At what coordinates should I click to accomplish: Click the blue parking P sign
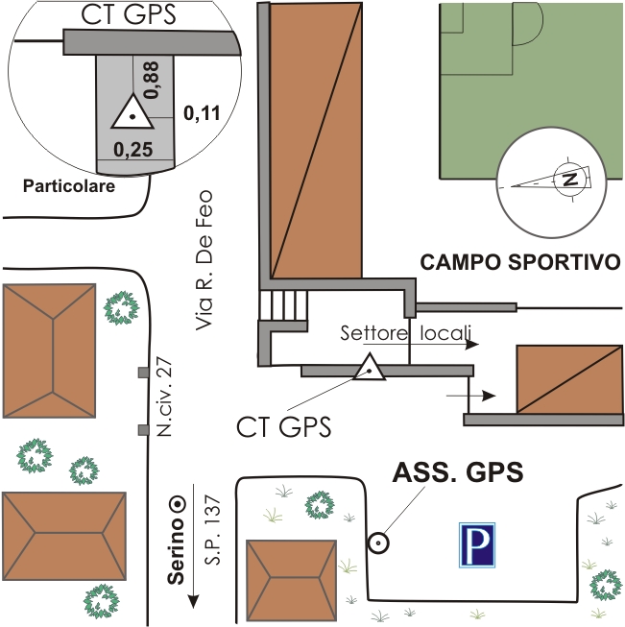point(477,546)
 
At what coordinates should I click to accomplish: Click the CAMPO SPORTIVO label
point(522,262)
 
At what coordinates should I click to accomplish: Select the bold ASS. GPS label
point(458,472)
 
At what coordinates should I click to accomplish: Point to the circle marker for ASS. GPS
point(379,543)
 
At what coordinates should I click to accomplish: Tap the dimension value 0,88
point(151,79)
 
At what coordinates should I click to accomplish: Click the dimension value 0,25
point(133,149)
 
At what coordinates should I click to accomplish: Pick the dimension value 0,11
point(202,113)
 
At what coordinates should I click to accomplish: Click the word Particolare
point(69,185)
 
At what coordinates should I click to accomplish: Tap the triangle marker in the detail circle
point(132,114)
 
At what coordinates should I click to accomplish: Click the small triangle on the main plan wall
point(369,368)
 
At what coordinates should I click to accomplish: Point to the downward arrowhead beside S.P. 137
point(194,600)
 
